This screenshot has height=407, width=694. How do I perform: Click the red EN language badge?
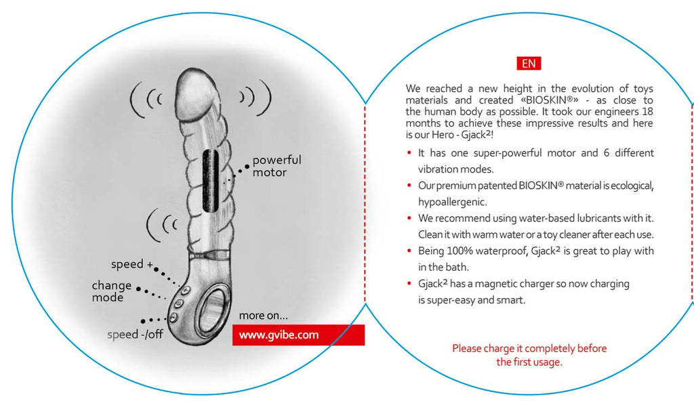[x=529, y=64]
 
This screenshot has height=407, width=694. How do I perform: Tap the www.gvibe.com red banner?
[x=298, y=335]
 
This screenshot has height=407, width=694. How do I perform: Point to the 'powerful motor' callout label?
[x=277, y=166]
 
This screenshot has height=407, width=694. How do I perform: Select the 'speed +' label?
[x=127, y=264]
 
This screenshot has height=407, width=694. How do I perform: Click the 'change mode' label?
[x=112, y=291]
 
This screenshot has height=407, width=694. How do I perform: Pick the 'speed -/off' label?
[x=135, y=335]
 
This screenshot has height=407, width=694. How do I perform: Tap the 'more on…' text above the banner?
[x=264, y=316]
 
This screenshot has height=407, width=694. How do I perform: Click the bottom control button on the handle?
[x=174, y=317]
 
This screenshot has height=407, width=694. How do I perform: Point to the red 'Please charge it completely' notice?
[x=529, y=355]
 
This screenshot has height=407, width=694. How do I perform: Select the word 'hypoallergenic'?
[x=452, y=201]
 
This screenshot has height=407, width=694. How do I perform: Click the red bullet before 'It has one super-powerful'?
[x=410, y=153]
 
